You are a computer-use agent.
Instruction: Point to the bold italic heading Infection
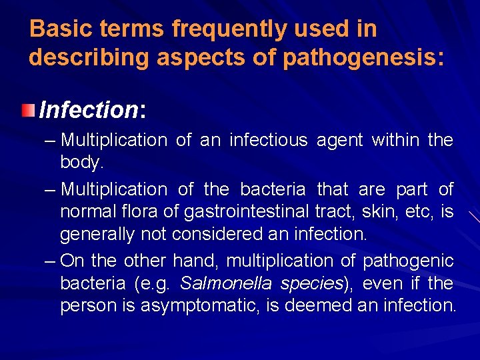click(x=88, y=109)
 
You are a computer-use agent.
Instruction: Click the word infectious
click(x=268, y=140)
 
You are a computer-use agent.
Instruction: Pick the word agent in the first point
click(x=340, y=140)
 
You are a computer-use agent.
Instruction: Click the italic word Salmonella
click(x=226, y=283)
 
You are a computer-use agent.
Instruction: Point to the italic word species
click(x=311, y=283)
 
